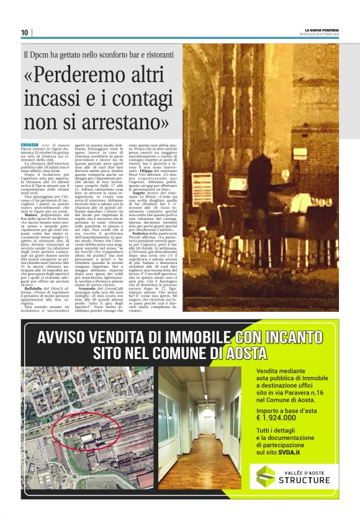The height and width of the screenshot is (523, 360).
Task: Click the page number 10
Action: pyautogui.click(x=24, y=32)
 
